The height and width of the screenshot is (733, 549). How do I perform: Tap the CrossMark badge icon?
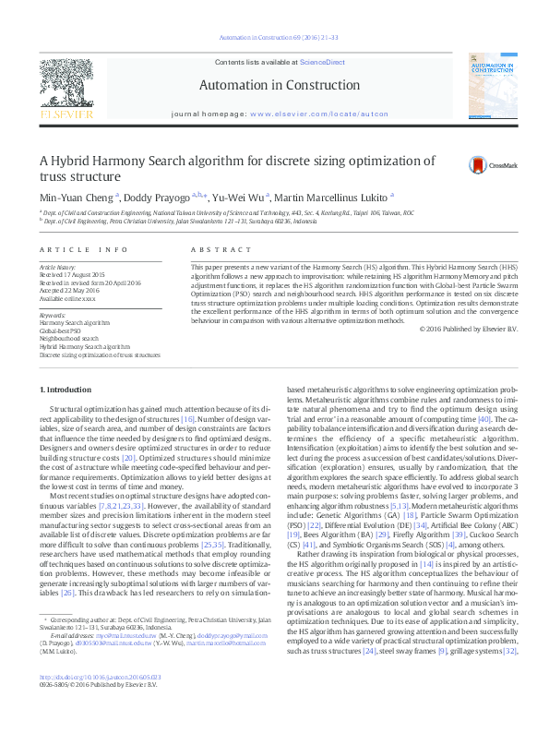click(479, 165)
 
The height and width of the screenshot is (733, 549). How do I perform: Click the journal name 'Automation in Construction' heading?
click(278, 85)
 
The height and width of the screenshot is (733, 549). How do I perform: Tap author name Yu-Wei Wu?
click(238, 197)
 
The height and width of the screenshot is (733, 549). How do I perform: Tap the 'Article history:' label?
click(58, 267)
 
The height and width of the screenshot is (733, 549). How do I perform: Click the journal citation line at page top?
click(278, 38)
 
